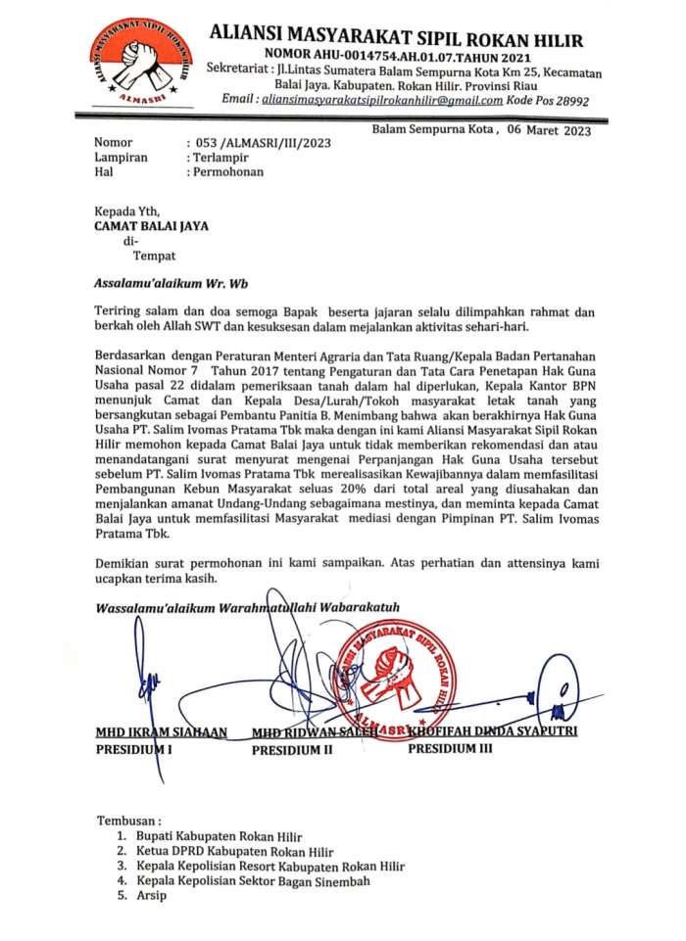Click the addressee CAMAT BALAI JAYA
click(x=151, y=225)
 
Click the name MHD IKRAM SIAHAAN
click(x=161, y=732)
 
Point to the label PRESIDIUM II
click(x=293, y=750)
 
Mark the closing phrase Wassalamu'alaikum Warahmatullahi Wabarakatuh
click(x=247, y=607)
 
